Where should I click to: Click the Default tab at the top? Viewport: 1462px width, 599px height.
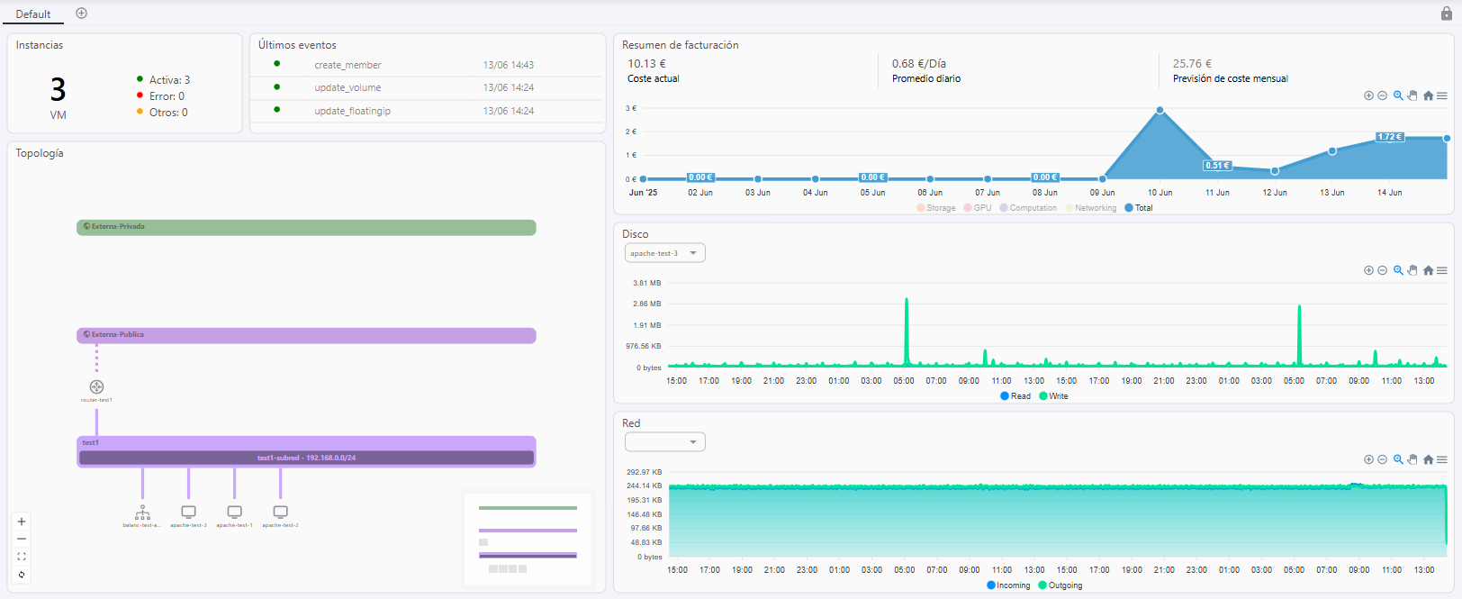[x=33, y=14]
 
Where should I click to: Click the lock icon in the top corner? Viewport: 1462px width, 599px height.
[x=1447, y=14]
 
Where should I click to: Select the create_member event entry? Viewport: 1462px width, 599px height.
[x=347, y=65]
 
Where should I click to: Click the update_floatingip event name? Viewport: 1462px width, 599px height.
[x=352, y=111]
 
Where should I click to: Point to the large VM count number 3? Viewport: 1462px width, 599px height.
[x=58, y=89]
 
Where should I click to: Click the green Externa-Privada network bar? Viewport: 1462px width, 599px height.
[x=306, y=227]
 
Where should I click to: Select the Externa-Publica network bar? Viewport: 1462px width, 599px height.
[x=306, y=335]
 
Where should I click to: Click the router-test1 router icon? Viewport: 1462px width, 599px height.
[x=96, y=387]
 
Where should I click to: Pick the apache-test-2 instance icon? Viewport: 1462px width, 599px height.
[x=280, y=512]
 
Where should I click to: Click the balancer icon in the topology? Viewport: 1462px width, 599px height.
[x=142, y=513]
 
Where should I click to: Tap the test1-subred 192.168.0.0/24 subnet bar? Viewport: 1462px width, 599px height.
[x=306, y=458]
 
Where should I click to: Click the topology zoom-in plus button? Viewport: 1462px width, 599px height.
[x=22, y=522]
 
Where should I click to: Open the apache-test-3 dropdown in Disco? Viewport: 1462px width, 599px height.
[x=664, y=253]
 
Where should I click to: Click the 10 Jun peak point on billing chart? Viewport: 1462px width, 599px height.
[x=1160, y=110]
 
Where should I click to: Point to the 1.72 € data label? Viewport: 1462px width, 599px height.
[x=1389, y=137]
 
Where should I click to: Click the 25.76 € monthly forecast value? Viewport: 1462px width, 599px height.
[x=1192, y=64]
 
